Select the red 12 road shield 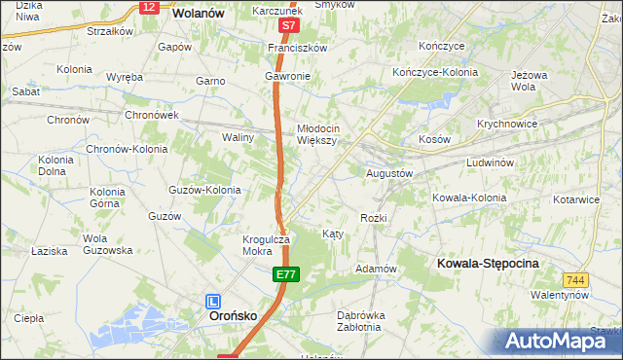tap(148, 7)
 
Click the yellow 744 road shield tap(576, 279)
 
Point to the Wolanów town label tap(199, 14)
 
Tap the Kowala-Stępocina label tap(489, 264)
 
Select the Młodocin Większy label tap(317, 133)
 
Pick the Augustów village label tap(389, 173)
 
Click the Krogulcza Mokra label tap(267, 245)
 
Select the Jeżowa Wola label tap(531, 80)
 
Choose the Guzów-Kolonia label tap(205, 191)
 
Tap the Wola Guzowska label tap(107, 244)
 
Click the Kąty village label tap(331, 234)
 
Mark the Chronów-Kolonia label tap(127, 150)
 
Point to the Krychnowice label tap(508, 125)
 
